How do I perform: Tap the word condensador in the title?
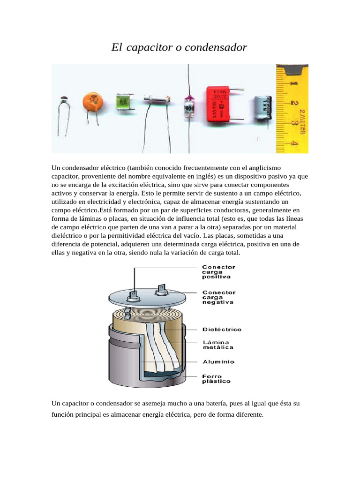coord(218,48)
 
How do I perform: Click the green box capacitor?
coord(123,100)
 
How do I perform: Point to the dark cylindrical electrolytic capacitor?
coord(262,108)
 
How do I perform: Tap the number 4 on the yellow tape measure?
coord(294,142)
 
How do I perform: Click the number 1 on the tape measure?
coord(294,83)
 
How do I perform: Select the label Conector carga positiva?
coord(218,272)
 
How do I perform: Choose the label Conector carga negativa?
coord(218,297)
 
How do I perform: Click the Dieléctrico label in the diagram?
coord(222,330)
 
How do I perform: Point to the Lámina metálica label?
coord(217,345)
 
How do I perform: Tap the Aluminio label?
coord(218,362)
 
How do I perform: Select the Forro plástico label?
coord(216,379)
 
